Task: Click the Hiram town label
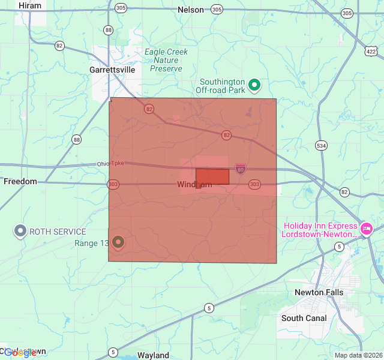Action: tap(30, 5)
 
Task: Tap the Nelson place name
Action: tap(191, 10)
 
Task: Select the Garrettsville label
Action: tap(112, 70)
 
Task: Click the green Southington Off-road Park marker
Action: tap(254, 85)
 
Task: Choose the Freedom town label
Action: tap(20, 181)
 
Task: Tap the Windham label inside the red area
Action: tap(194, 185)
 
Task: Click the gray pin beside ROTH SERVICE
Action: tap(20, 230)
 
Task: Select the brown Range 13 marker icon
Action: tap(118, 242)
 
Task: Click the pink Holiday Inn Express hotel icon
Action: tap(366, 228)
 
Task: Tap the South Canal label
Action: tap(304, 318)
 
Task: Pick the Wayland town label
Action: tap(154, 355)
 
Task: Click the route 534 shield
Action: tap(322, 145)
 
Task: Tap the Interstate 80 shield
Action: tap(240, 169)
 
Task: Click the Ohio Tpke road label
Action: tap(110, 164)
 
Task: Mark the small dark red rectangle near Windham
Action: tap(212, 176)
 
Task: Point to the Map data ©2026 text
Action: tap(358, 355)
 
